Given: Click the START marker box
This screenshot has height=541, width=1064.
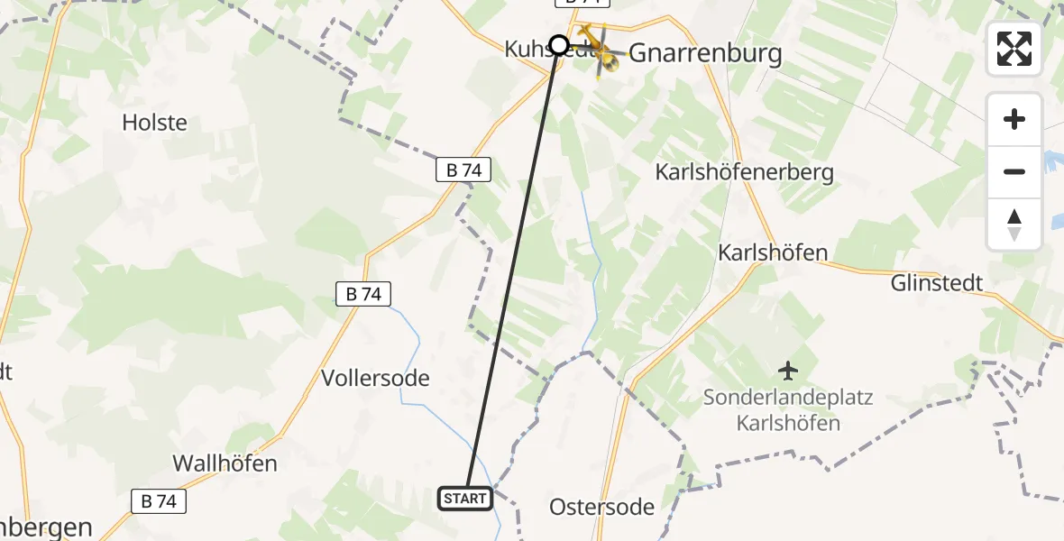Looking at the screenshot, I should click(465, 498).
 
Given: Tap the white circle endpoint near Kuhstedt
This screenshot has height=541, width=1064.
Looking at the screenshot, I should click(559, 45).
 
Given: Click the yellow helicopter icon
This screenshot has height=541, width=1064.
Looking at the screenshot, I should click(600, 51).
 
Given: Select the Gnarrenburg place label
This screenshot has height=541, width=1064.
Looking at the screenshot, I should click(705, 53).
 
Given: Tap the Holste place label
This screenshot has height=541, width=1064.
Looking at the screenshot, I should click(154, 123).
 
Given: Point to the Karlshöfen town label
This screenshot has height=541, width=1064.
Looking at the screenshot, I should click(772, 252).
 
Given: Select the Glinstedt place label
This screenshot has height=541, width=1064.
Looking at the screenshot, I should click(936, 283).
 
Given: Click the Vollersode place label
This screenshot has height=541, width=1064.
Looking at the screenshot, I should click(376, 378).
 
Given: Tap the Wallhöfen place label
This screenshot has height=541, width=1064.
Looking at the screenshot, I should click(225, 463).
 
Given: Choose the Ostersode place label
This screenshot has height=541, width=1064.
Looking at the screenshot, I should click(601, 507).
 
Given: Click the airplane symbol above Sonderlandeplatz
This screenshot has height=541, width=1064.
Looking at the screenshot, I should click(789, 370).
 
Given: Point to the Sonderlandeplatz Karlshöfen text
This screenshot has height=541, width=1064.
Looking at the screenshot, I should click(789, 409).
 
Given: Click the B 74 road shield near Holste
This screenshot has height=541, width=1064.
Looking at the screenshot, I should click(463, 170).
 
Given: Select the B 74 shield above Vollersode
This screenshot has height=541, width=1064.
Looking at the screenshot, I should click(363, 293).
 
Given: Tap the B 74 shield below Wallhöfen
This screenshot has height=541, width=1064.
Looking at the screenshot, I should click(159, 502).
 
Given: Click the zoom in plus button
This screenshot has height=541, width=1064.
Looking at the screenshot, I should click(1014, 120).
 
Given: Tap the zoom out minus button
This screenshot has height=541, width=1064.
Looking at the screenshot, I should click(1014, 172).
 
